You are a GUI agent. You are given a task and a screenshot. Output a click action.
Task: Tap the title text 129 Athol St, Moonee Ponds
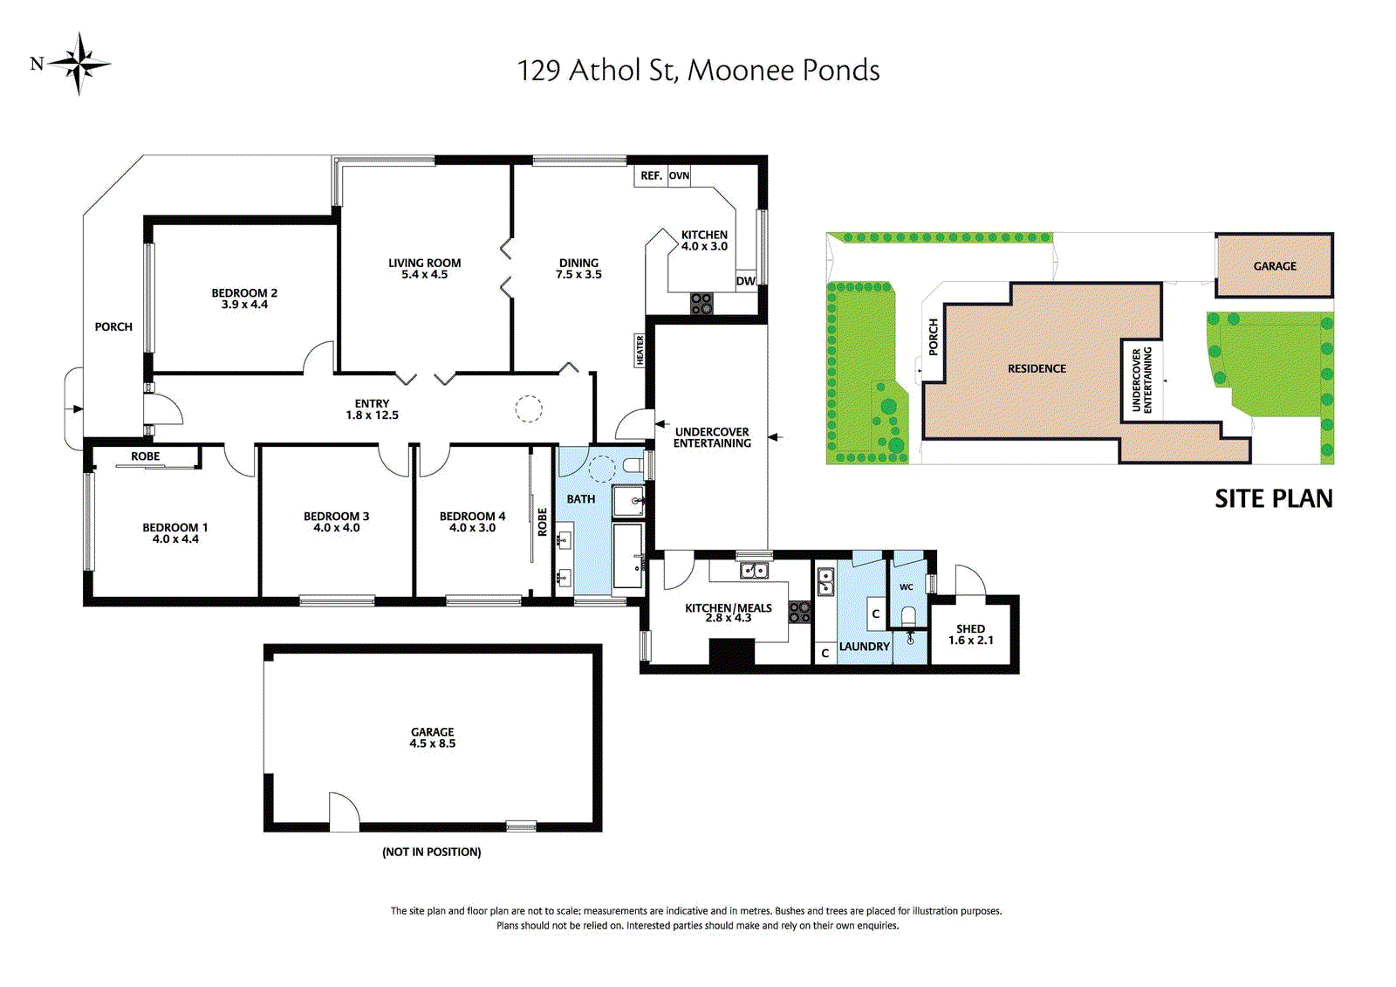698,71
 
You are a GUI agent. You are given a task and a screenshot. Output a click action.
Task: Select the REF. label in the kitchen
651,175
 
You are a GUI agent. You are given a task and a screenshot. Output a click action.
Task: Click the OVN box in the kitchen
679,175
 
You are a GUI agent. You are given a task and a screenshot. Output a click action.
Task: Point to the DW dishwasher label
745,281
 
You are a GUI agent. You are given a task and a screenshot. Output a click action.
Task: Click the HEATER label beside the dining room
640,350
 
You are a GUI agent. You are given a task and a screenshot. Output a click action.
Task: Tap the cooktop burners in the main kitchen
701,304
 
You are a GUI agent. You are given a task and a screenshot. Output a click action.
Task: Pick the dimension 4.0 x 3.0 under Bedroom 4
472,527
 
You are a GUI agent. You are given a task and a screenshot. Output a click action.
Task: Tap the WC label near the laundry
907,586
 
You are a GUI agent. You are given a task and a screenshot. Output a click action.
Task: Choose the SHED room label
970,629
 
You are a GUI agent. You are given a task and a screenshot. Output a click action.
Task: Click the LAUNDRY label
864,647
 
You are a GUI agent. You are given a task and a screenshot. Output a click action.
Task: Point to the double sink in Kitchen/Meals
754,570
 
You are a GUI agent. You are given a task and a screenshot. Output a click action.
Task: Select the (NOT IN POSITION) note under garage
432,852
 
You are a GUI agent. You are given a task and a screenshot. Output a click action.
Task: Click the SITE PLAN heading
1274,498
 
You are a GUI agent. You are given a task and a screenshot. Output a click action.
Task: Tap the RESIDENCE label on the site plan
1037,368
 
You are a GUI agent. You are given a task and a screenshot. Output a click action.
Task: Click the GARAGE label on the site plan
1275,266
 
